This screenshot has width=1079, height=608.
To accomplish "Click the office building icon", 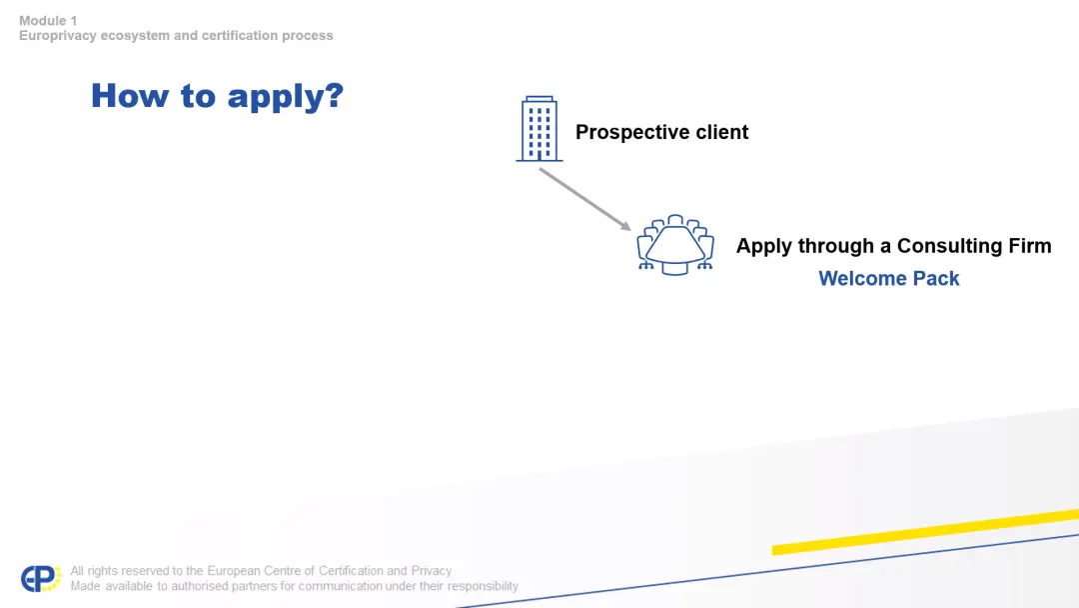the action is (539, 129).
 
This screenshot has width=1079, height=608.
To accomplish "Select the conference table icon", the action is (675, 244).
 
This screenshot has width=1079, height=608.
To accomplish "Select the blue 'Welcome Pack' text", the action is (888, 278).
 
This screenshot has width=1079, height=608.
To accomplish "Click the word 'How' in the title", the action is (130, 95).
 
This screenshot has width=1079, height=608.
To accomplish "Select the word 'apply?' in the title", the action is (286, 97).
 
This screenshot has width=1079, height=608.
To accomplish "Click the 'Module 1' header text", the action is (48, 21).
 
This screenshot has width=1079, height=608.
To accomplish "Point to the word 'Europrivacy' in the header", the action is (58, 36).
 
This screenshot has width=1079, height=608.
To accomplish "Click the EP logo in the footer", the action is (41, 578).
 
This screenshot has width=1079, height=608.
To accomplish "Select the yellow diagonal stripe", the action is (925, 532).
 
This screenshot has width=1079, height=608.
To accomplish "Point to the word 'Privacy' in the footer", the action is (432, 571).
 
